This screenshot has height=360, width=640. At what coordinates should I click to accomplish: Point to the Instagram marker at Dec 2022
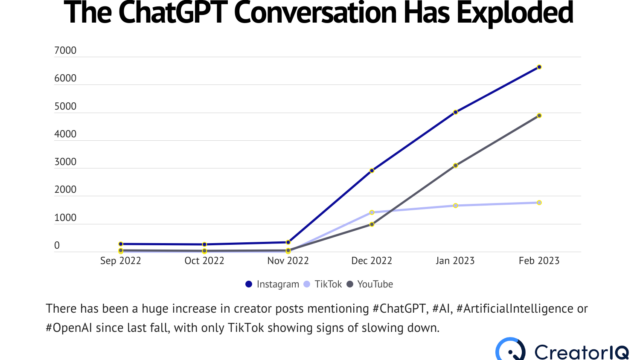[x=372, y=170]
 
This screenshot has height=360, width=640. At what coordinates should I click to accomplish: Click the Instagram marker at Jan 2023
[x=456, y=112]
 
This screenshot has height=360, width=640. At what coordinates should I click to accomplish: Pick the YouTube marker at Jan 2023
[x=456, y=165]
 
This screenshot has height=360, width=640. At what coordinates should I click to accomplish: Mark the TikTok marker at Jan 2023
[x=456, y=205]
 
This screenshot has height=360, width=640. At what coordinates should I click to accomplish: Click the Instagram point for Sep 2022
[x=121, y=243]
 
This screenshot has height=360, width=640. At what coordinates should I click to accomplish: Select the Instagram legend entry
[x=273, y=284]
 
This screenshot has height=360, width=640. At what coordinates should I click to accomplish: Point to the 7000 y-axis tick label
[x=65, y=50]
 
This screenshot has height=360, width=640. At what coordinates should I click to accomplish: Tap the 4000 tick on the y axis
[x=65, y=134]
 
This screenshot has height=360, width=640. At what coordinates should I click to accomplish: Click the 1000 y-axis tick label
[x=65, y=218]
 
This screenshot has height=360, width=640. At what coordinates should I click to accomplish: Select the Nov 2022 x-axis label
[x=288, y=260]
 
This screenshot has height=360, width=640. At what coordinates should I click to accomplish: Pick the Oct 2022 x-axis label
[x=204, y=260]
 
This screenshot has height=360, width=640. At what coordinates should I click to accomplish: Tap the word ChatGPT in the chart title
[x=194, y=15]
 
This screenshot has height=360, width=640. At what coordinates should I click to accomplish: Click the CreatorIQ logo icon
[x=509, y=348]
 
